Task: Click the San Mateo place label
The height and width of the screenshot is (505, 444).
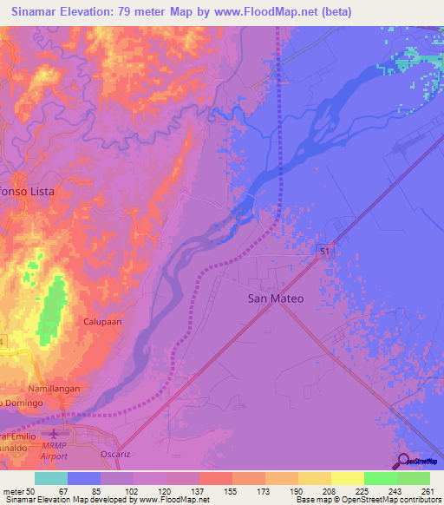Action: [276, 298]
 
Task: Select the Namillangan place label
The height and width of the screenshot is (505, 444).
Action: [53, 389]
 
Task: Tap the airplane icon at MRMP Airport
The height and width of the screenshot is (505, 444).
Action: [56, 433]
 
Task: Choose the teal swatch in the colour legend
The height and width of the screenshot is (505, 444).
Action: [51, 478]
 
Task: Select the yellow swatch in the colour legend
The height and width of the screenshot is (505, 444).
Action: [347, 478]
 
